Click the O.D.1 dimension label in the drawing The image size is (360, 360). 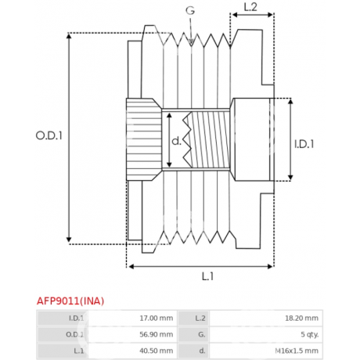(x=49, y=135)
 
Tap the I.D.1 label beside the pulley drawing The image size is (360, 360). (x=304, y=144)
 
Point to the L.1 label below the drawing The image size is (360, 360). (x=207, y=276)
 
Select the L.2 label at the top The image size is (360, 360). (x=250, y=7)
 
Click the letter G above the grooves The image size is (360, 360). (x=190, y=10)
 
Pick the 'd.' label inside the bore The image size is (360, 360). (x=176, y=141)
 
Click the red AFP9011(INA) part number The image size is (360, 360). (x=70, y=301)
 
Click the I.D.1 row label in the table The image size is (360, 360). (x=76, y=318)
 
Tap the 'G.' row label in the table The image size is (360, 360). (x=202, y=334)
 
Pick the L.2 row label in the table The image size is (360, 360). (x=200, y=318)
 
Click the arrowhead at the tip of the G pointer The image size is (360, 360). (x=191, y=42)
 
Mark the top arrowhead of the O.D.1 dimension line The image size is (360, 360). (x=69, y=36)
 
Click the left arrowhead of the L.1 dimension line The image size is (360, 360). (x=131, y=266)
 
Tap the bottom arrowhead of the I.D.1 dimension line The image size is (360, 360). (x=290, y=178)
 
